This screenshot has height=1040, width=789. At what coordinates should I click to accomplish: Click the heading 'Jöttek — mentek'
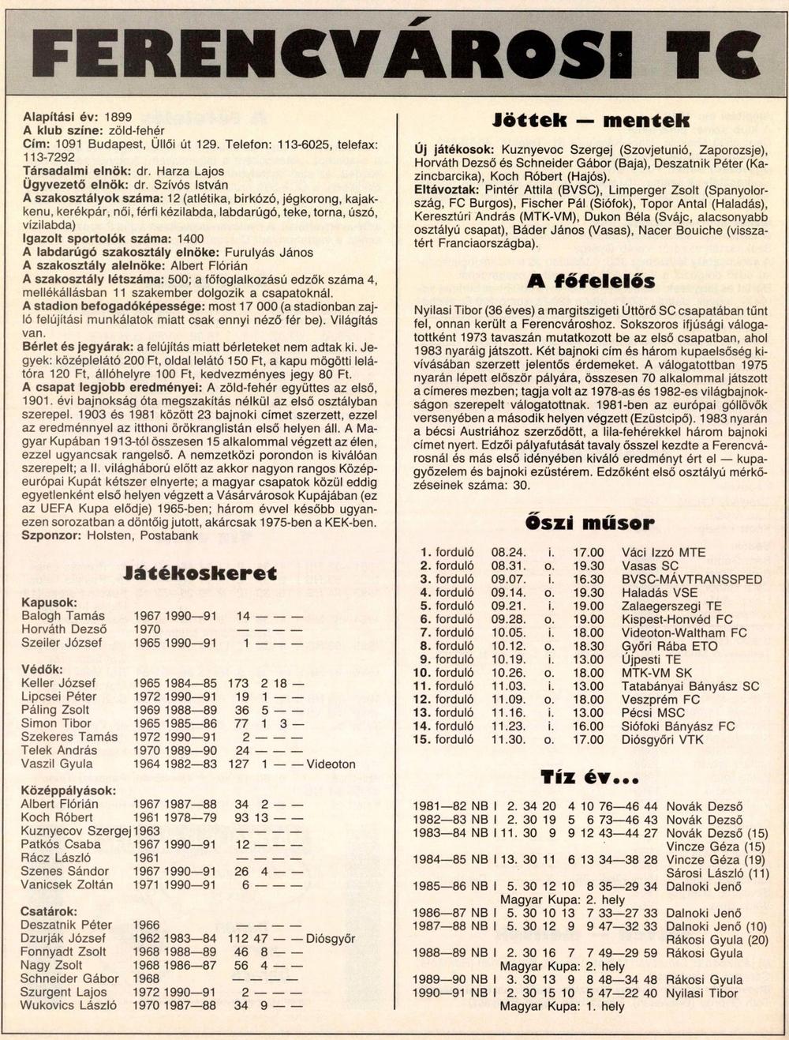pyautogui.click(x=591, y=121)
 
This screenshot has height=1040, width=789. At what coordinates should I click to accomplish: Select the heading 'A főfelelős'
pyautogui.click(x=591, y=281)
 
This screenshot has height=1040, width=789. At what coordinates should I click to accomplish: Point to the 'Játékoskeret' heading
pyautogui.click(x=201, y=573)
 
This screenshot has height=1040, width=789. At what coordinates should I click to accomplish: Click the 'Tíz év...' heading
pyautogui.click(x=590, y=777)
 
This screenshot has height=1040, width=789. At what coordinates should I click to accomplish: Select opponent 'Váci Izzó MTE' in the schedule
pyautogui.click(x=664, y=553)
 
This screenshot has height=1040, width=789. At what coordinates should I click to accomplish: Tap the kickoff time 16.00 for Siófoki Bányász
pyautogui.click(x=588, y=726)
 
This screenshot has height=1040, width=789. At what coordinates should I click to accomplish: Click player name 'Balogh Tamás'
pyautogui.click(x=63, y=616)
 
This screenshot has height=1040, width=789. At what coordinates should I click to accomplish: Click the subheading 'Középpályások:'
pyautogui.click(x=69, y=790)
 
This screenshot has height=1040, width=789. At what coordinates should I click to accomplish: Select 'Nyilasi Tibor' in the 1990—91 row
pyautogui.click(x=702, y=993)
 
